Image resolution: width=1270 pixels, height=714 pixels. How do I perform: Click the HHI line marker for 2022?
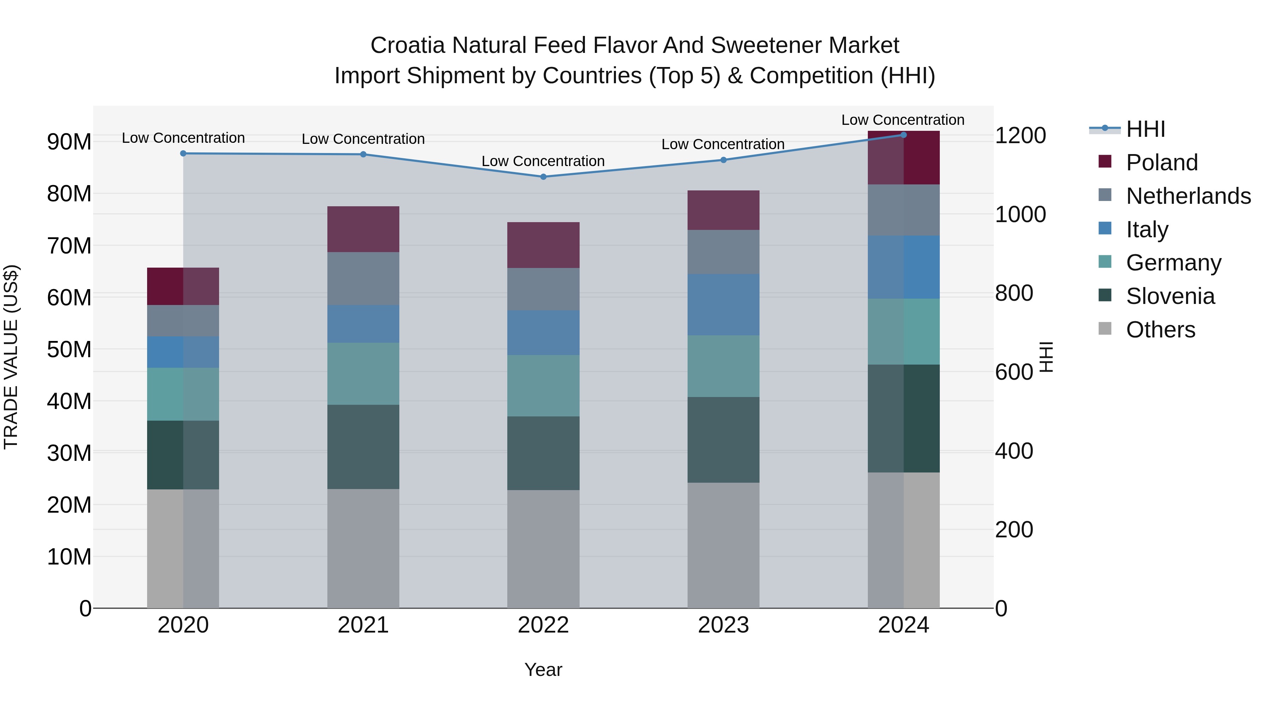pos(543,176)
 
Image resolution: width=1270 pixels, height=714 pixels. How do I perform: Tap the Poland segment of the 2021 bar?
pos(363,229)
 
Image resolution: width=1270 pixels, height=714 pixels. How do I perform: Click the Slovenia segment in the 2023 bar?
pos(723,440)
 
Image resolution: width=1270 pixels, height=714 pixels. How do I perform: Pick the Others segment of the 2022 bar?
pos(543,548)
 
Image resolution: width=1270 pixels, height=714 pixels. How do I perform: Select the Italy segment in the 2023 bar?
pos(723,305)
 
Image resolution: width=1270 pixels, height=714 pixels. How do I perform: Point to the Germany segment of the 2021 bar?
pos(363,373)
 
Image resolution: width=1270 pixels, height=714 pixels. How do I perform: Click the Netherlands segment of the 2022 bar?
pos(543,289)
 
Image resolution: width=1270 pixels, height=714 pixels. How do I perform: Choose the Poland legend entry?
pos(1162,162)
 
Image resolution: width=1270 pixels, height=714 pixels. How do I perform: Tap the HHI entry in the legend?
pos(1145,129)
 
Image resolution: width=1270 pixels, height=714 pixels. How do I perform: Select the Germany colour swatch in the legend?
pos(1105,262)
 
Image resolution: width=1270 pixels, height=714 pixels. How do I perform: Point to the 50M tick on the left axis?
pos(69,349)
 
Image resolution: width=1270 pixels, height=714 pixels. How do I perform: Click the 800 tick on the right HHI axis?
pos(1014,293)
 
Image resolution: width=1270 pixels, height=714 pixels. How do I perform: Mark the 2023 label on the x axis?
pos(723,625)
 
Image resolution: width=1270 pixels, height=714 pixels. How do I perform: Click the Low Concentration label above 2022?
pos(543,161)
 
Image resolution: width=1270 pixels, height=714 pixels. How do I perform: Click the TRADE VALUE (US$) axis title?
pos(11,357)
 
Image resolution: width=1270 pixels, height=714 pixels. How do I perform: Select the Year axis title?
pos(543,670)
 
